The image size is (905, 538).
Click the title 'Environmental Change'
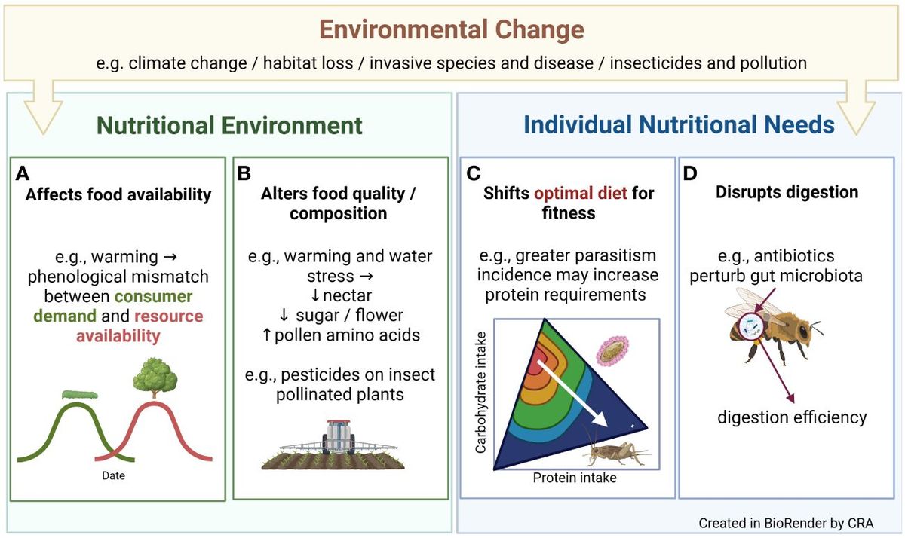[452, 30]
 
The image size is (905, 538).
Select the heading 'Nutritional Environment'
[230, 124]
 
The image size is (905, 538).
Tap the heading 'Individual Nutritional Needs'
[679, 124]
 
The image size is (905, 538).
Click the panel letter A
[23, 173]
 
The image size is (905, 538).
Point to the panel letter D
[690, 173]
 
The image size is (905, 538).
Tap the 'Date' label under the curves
[113, 476]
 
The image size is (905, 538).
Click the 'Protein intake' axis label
[575, 478]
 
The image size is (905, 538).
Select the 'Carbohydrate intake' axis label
[480, 392]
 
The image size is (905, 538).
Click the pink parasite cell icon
[612, 352]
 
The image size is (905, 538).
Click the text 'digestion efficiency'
[792, 417]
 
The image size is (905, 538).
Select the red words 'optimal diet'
[581, 193]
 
